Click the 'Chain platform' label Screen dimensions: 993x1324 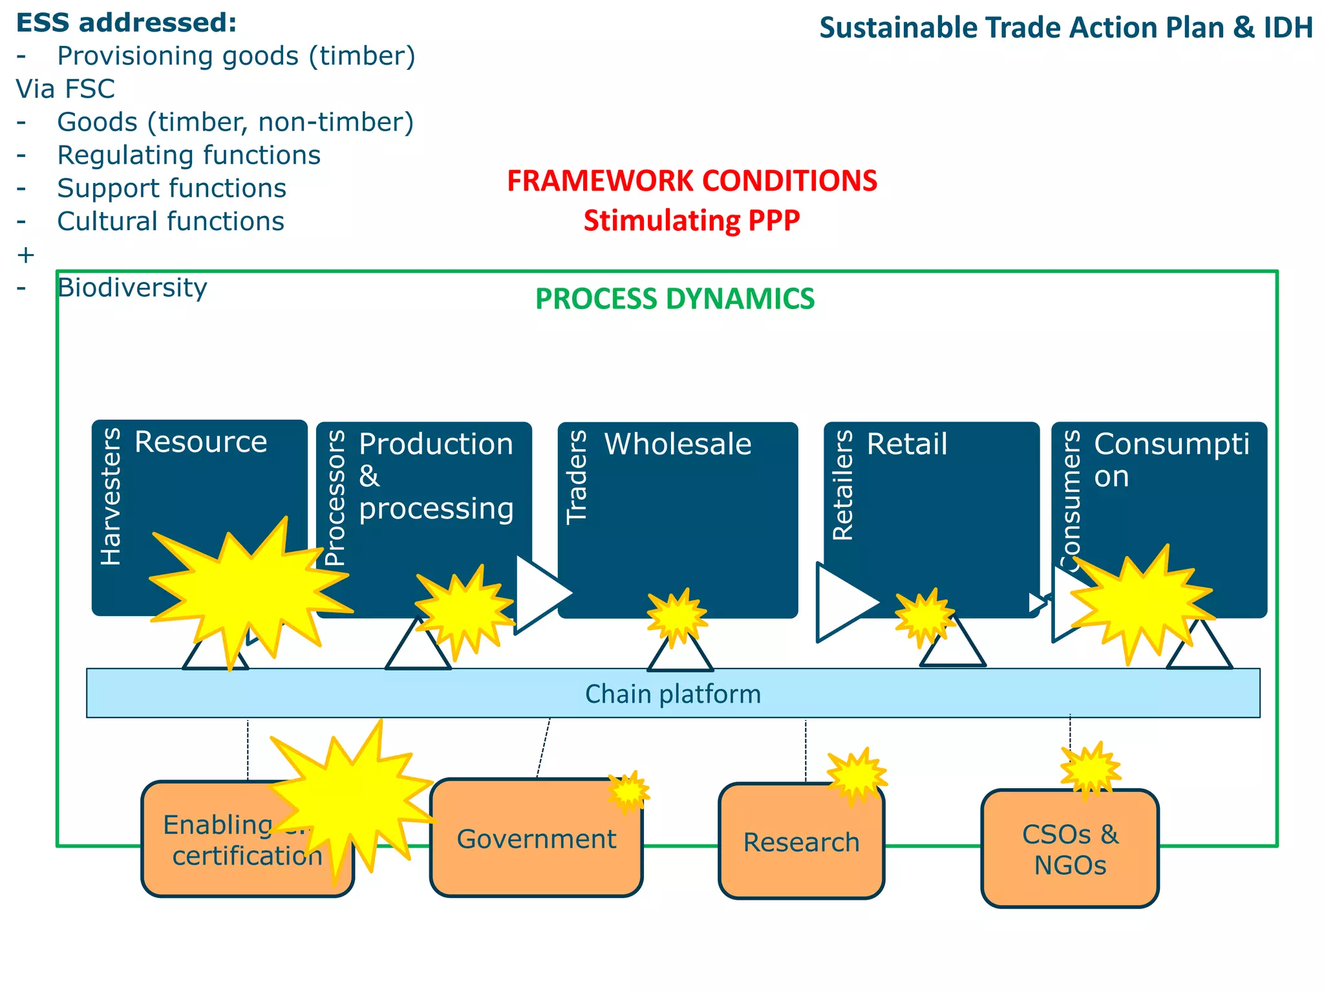pyautogui.click(x=672, y=694)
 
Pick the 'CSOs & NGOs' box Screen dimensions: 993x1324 pyautogui.click(x=1070, y=849)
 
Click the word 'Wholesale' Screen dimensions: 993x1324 pyautogui.click(x=678, y=445)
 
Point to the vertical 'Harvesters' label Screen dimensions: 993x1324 pyautogui.click(x=111, y=496)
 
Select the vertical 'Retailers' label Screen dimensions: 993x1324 pyautogui.click(x=843, y=485)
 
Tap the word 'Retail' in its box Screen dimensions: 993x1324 pyautogui.click(x=906, y=445)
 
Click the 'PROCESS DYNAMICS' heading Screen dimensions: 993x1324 pyautogui.click(x=675, y=299)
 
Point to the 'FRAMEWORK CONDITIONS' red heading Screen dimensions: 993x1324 pyautogui.click(x=692, y=181)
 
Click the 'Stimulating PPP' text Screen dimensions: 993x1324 pyautogui.click(x=692, y=221)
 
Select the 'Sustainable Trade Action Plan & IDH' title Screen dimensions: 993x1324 pyautogui.click(x=1065, y=28)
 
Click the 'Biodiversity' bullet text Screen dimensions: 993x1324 pyautogui.click(x=132, y=288)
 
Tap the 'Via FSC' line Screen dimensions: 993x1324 pyautogui.click(x=65, y=89)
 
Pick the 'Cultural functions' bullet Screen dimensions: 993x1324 pyautogui.click(x=171, y=222)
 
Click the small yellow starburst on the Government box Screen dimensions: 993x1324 pyautogui.click(x=628, y=791)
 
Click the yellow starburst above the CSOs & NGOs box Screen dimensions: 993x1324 pyautogui.click(x=1090, y=769)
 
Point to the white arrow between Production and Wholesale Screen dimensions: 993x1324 pyautogui.click(x=540, y=593)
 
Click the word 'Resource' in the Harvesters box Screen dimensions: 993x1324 pyautogui.click(x=200, y=443)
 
